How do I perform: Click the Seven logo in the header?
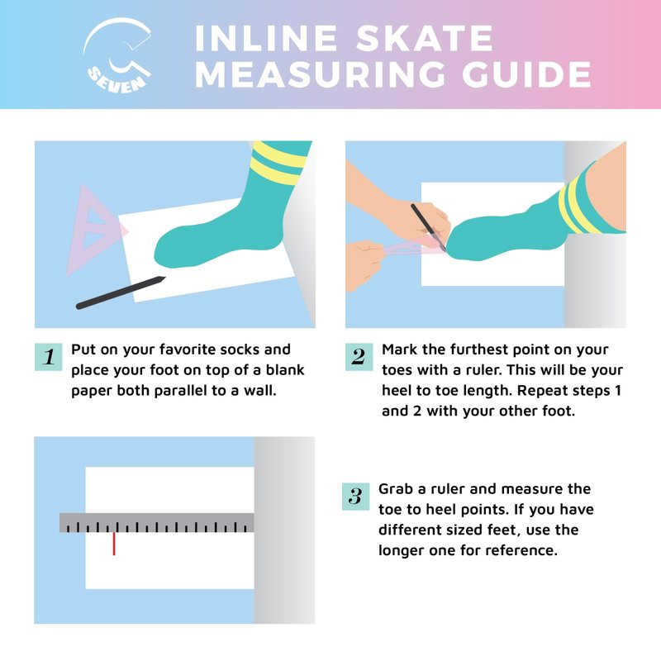pos(117,55)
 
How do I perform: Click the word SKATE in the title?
pos(425,38)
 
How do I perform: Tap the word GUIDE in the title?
pos(526,74)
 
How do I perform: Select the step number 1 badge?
pos(49,357)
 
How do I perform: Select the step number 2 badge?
pos(359,357)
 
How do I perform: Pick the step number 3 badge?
pos(356,497)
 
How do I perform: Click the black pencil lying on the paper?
pos(121,292)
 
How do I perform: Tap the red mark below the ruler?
pos(114,544)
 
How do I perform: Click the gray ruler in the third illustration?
pos(157,523)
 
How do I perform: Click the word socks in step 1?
pos(240,350)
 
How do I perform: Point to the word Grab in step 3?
pos(396,489)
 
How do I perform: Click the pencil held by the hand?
pos(428,227)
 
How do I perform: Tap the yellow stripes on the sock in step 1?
pos(278,162)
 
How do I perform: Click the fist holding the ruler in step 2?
pos(364,264)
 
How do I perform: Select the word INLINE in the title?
pos(266,38)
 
